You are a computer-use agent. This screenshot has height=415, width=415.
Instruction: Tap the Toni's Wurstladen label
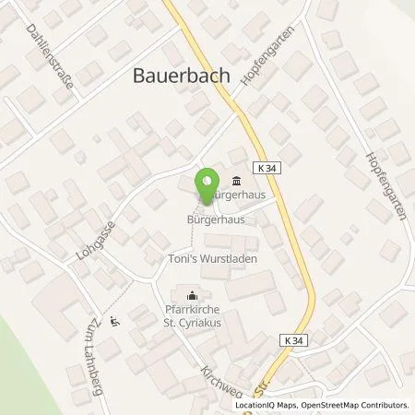212,260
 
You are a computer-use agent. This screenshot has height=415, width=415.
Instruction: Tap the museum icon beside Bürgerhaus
237,180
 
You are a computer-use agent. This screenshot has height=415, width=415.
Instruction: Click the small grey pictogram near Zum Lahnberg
113,322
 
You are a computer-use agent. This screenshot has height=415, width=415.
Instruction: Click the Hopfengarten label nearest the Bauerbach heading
260,74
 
